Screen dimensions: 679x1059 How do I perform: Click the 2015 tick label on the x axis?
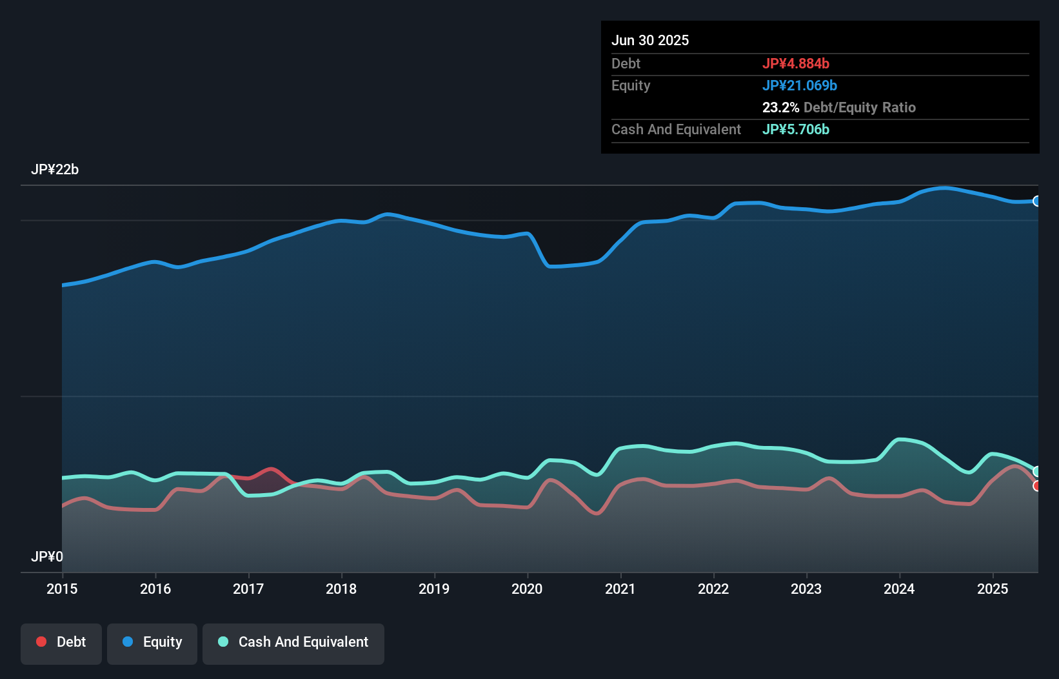62,589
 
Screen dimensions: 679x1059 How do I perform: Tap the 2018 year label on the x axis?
341,589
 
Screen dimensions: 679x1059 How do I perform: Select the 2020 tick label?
527,589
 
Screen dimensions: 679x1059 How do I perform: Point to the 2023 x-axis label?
806,589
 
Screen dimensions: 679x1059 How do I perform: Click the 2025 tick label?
992,589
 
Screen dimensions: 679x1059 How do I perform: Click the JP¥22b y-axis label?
55,170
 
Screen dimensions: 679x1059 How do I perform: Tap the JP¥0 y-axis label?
47,556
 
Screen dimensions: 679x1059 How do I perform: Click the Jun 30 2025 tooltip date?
650,40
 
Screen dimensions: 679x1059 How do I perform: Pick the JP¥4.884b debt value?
795,63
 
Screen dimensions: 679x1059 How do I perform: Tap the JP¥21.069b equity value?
799,85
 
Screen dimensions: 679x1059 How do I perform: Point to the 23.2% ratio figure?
780,107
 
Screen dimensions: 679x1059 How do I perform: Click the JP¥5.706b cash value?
795,129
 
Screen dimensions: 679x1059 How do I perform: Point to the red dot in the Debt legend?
41,642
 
